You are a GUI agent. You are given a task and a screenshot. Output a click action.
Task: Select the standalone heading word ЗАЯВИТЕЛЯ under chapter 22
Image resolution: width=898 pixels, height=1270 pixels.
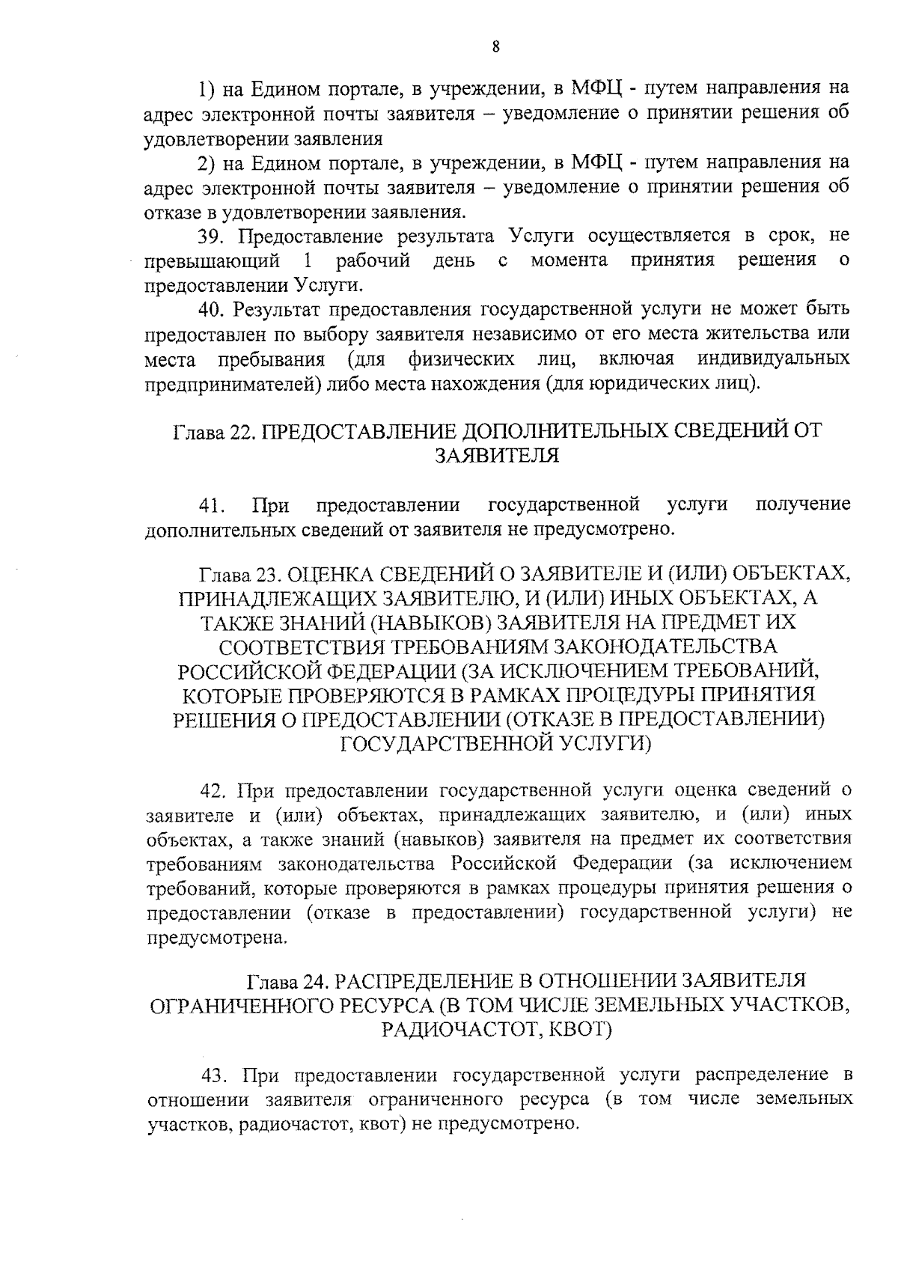coord(497,456)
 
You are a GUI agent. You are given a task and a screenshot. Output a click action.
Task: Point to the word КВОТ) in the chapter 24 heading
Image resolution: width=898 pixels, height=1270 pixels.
coord(581,1029)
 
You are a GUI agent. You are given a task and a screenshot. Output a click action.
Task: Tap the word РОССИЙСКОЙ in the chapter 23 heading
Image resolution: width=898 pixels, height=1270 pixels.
coord(246,671)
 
